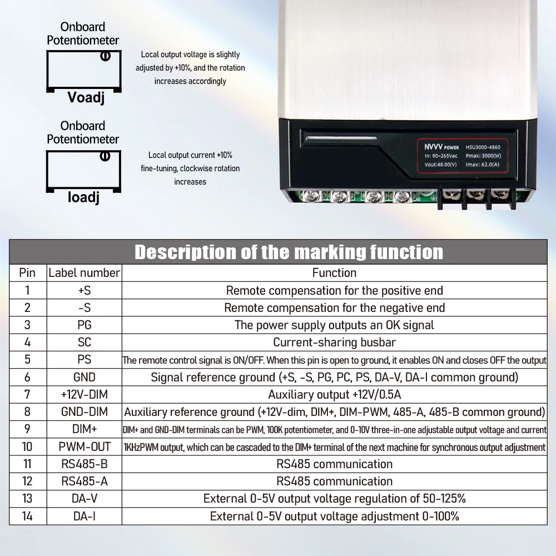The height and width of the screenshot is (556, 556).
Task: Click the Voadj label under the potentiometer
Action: click(86, 98)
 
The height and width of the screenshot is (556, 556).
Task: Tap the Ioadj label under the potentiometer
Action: click(83, 197)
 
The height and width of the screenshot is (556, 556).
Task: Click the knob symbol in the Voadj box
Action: click(104, 56)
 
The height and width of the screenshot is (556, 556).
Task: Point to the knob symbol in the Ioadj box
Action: click(105, 156)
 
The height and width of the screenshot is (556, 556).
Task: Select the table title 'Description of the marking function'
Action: click(289, 252)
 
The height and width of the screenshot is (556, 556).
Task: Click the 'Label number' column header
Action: click(84, 272)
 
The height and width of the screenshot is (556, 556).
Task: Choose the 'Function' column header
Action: click(334, 272)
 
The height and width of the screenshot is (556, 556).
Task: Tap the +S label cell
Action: click(84, 290)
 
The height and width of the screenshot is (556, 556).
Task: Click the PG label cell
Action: click(84, 325)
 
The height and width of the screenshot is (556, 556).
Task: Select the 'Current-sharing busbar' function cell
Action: click(334, 342)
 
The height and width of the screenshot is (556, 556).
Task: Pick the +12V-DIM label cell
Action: click(84, 395)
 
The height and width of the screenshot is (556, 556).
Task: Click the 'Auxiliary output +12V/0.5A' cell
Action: click(334, 395)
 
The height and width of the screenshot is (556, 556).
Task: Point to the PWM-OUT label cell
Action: click(84, 447)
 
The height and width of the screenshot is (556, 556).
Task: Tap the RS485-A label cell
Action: click(84, 481)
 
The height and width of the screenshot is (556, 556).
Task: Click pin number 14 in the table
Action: click(27, 516)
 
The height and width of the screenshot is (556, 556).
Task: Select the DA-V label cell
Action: click(84, 499)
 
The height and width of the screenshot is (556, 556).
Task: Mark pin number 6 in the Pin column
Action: click(27, 377)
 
